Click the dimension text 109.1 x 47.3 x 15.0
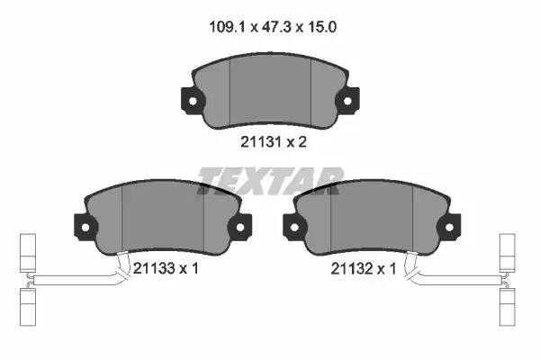tap(273, 27)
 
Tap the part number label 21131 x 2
tap(274, 141)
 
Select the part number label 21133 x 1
tap(166, 268)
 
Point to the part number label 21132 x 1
tap(364, 269)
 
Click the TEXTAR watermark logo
tap(270, 181)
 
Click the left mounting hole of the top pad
tap(193, 101)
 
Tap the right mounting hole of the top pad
tap(347, 101)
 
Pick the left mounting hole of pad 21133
tap(85, 228)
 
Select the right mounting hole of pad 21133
tap(240, 228)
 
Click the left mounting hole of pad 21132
tap(294, 228)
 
